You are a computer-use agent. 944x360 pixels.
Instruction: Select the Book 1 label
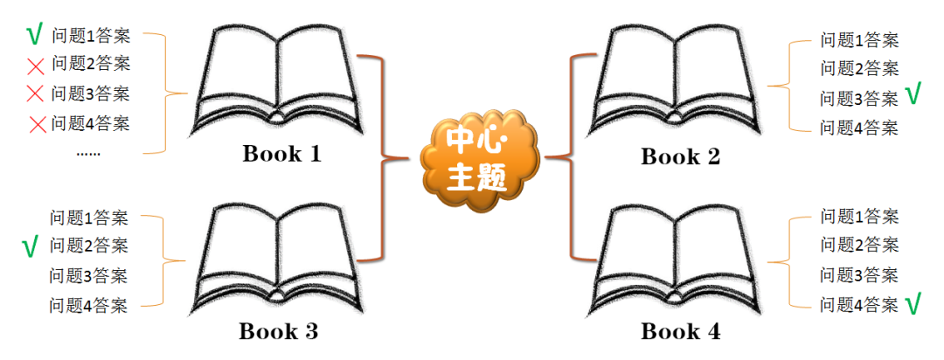[x=281, y=156]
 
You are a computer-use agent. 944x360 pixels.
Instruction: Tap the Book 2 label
[x=680, y=157]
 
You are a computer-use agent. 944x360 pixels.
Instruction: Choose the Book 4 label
[x=680, y=332]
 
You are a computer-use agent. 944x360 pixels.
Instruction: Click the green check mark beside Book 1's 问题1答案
[x=35, y=36]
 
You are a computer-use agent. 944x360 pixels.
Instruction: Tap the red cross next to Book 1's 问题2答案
[x=36, y=65]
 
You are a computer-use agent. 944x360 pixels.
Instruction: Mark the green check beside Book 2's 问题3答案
[x=913, y=94]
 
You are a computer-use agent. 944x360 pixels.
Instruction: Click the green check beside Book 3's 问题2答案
[x=31, y=247]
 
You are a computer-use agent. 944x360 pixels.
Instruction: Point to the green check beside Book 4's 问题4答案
[x=914, y=304]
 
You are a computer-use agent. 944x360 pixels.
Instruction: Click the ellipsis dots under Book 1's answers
[x=88, y=153]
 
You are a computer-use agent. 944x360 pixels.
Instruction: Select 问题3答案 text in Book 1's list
[x=91, y=93]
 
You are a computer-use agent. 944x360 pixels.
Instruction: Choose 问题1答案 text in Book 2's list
[x=858, y=39]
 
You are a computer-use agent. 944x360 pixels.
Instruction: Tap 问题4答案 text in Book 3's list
[x=88, y=305]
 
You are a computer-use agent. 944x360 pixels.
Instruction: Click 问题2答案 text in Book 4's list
[x=858, y=246]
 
